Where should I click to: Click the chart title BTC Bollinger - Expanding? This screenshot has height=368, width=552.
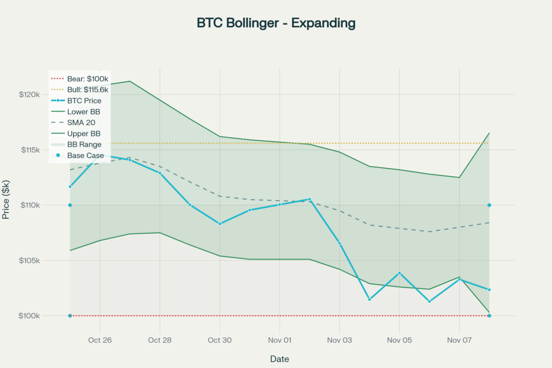pos(276,23)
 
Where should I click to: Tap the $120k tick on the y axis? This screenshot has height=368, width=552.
pos(30,94)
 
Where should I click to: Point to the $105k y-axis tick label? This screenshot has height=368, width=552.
pos(30,261)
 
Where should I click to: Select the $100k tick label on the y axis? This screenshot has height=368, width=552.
pos(30,316)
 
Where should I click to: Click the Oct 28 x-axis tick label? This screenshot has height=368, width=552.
pos(160,340)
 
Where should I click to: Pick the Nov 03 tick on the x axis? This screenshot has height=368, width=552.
pos(340,340)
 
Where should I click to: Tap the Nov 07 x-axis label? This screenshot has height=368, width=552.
pos(459,340)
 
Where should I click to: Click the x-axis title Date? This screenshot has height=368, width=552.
pos(279,359)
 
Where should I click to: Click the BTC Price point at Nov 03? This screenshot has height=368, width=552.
pos(340,244)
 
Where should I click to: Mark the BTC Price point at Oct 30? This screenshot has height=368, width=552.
pos(220,224)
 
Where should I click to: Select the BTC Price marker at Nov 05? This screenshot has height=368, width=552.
pos(399,273)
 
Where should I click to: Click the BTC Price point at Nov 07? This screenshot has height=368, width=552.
pos(459,279)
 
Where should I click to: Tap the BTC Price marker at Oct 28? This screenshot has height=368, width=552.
pos(160,173)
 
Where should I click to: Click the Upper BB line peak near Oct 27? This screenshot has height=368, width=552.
pos(130,81)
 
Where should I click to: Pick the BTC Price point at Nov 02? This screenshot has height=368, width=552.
pos(309,199)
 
